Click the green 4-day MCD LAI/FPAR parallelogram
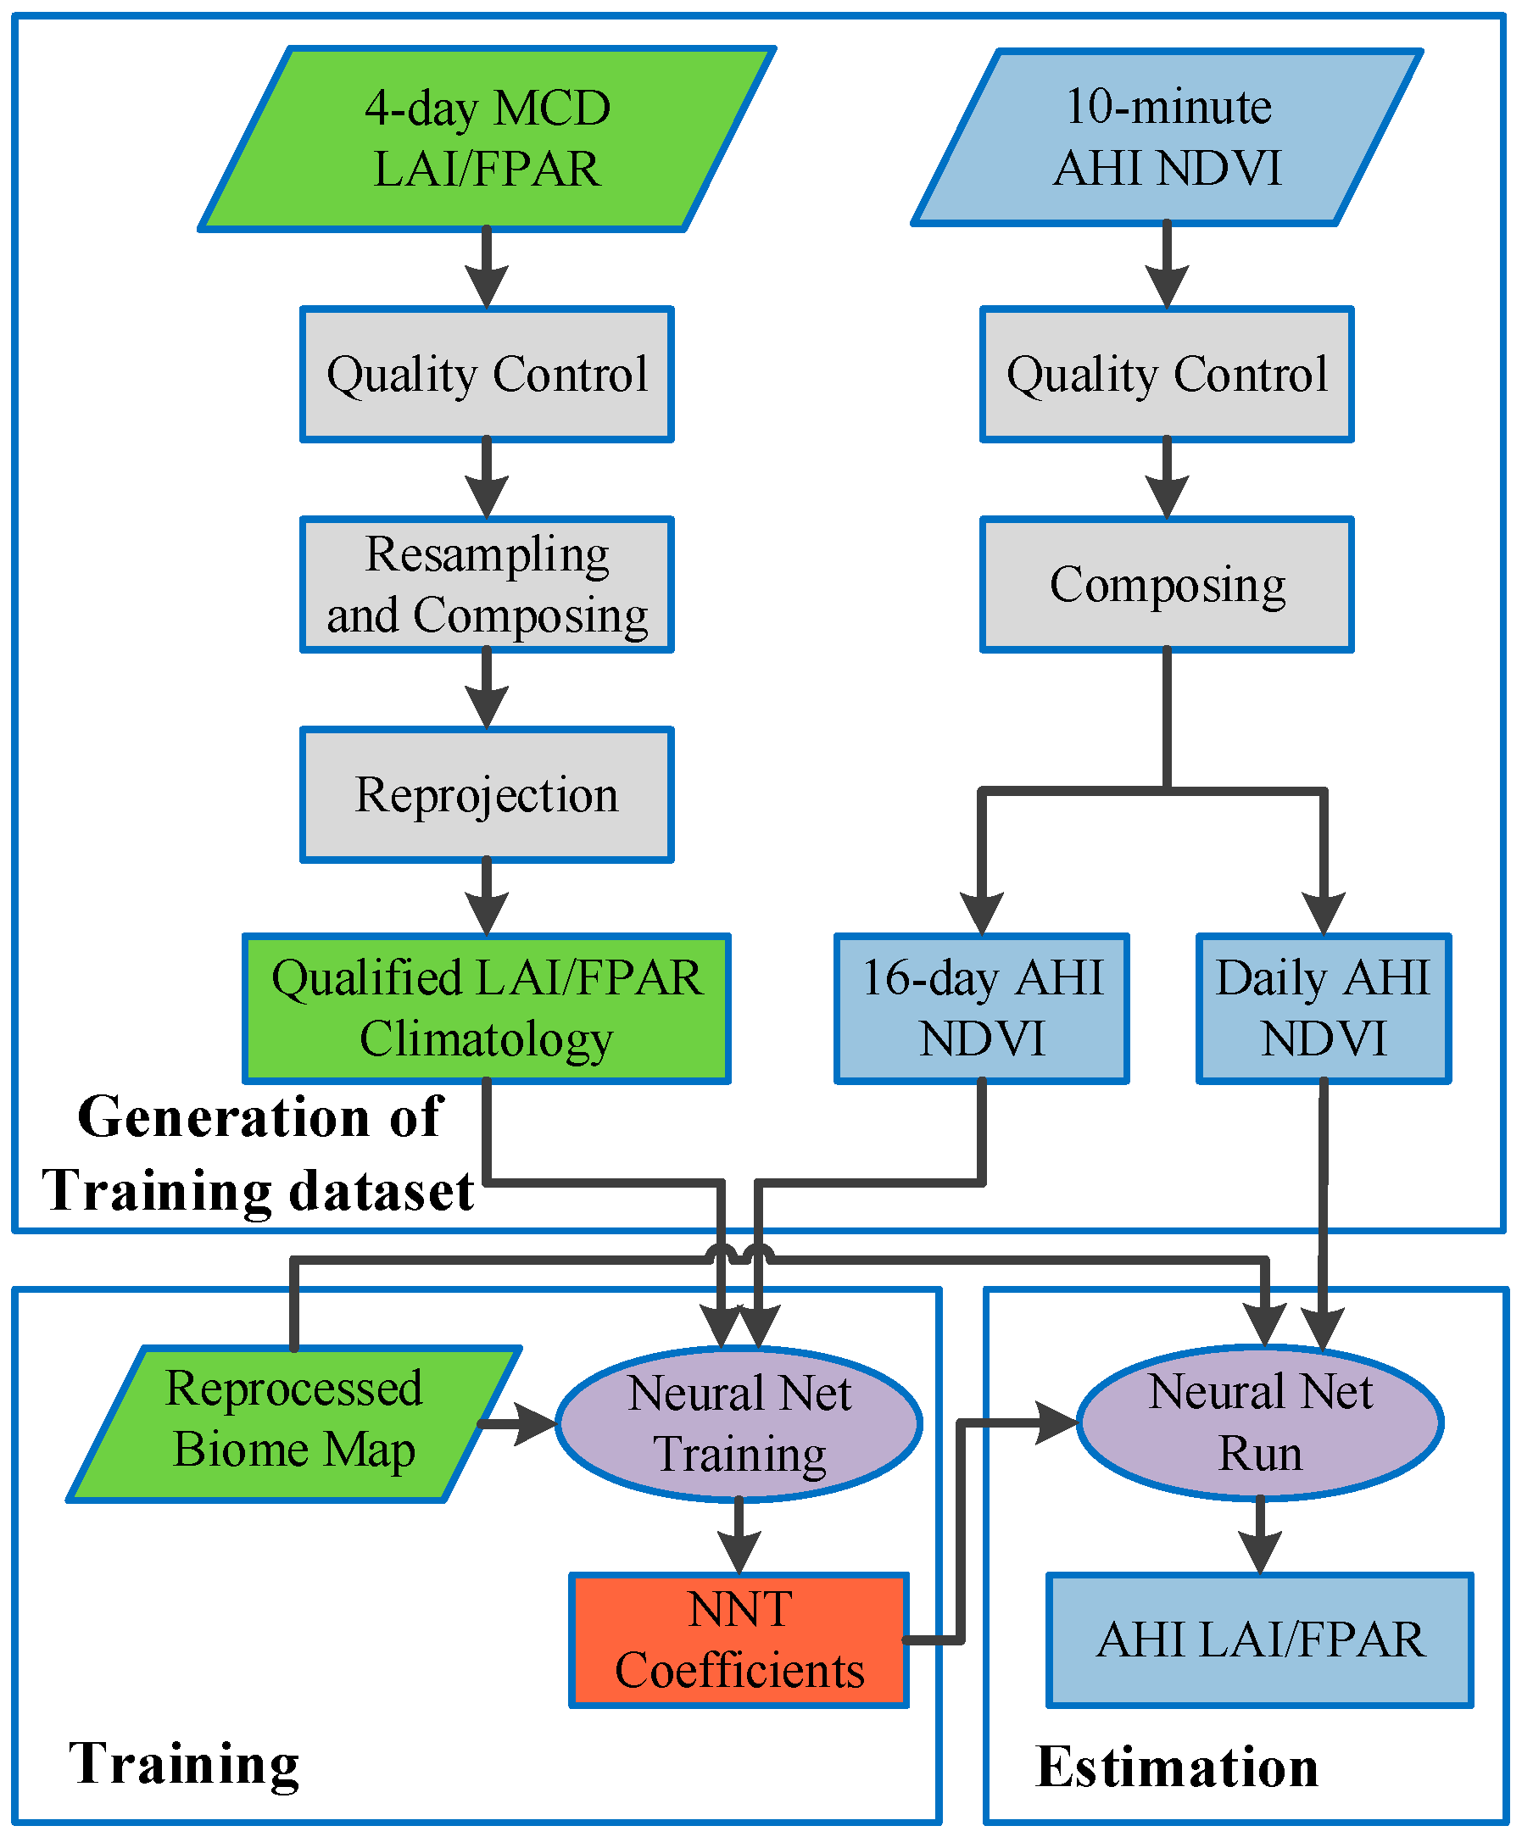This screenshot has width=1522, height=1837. tap(487, 138)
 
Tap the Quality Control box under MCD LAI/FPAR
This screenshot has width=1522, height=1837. tap(487, 374)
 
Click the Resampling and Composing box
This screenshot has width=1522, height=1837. tap(487, 584)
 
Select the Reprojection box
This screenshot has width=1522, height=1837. tap(487, 794)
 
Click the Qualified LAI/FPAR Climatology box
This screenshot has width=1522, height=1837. tap(487, 1008)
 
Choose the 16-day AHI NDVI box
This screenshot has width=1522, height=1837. tap(981, 1008)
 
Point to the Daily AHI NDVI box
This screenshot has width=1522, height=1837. tap(1323, 1008)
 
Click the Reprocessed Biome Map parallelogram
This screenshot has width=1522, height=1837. tap(294, 1423)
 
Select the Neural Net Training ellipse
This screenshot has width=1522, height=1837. tap(739, 1423)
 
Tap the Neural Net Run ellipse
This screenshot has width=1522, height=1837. tap(1260, 1422)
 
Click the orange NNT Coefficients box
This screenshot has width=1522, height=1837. tap(739, 1640)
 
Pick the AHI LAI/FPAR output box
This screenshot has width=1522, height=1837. tap(1260, 1640)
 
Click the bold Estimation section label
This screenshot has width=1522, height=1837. tap(1177, 1767)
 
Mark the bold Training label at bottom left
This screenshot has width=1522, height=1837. tap(184, 1763)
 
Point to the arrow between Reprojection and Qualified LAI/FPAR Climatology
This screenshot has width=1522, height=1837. tap(487, 901)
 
